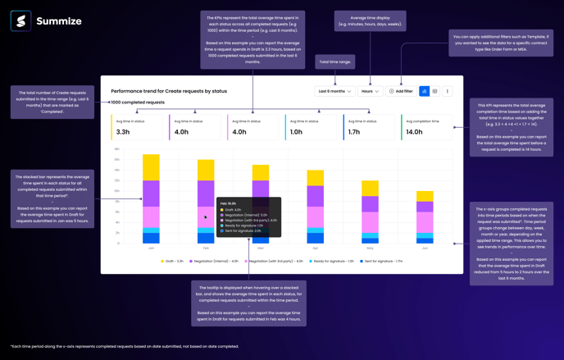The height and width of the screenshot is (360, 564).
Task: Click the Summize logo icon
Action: pos(20,21)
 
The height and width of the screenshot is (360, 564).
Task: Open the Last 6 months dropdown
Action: pos(334,91)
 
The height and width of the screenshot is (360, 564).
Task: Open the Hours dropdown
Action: pos(371,91)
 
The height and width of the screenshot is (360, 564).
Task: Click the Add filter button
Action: pos(401,91)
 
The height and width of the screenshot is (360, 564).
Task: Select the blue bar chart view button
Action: pos(424,91)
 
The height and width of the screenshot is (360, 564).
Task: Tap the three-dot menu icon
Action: pos(448,91)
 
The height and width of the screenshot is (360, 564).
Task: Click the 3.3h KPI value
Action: pos(123,131)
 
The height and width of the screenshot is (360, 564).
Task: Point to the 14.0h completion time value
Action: pos(414,131)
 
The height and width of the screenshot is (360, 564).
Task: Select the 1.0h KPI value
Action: pos(296,131)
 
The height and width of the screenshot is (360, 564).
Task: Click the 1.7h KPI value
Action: pos(354,131)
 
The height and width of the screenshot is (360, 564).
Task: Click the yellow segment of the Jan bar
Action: pos(151,167)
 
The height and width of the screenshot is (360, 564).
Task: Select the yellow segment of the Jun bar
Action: pos(425,197)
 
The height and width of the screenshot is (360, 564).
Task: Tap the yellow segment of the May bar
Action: pos(371,189)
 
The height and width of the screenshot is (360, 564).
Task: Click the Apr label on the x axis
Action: pos(315,248)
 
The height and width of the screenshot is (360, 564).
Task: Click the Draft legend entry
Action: pos(172,261)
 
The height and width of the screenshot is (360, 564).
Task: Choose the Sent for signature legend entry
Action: pos(382,261)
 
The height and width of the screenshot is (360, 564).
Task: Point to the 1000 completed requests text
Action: pos(138,103)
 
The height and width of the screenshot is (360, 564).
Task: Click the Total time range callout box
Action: pos(334,62)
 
